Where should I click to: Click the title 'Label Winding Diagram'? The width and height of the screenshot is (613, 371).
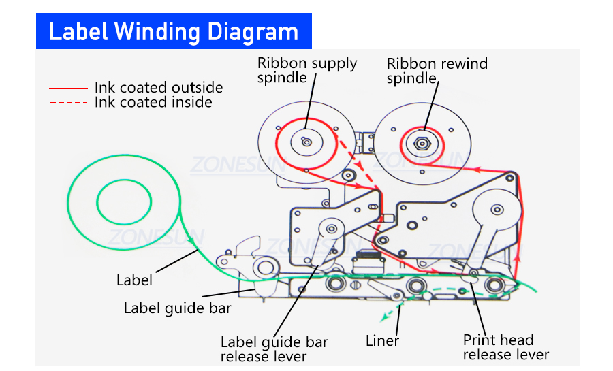[x=174, y=31]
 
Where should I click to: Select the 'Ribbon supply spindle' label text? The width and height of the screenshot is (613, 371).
[x=306, y=70]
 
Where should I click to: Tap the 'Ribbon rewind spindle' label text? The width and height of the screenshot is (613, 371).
[x=437, y=71]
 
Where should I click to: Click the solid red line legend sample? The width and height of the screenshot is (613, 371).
[x=68, y=88]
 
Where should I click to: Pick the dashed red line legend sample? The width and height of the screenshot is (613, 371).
[x=68, y=103]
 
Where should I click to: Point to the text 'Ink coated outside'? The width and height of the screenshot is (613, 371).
[x=158, y=88]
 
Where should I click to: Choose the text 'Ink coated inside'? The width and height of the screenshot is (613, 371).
[x=153, y=103]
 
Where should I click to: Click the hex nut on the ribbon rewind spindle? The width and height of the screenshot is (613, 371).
[x=422, y=143]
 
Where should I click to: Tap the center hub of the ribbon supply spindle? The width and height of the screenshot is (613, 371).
[x=306, y=142]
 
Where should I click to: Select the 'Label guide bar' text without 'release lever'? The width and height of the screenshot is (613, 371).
[x=177, y=308]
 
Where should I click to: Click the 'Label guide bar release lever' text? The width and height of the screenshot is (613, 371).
[x=274, y=349]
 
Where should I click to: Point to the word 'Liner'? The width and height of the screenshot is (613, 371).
[x=382, y=341]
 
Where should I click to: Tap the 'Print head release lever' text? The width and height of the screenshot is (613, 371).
[x=505, y=347]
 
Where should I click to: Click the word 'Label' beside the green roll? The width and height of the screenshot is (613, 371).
[x=134, y=280]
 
